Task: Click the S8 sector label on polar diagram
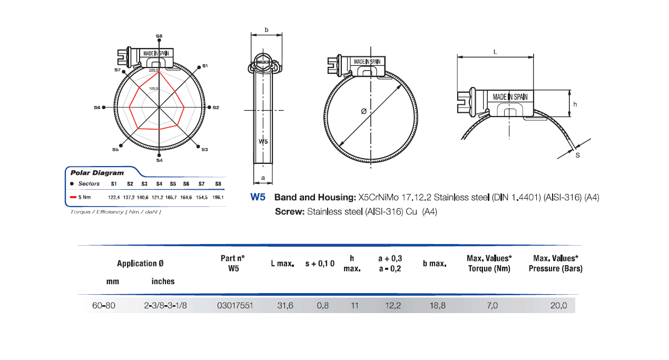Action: pos(159,36)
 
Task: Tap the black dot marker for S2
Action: pos(209,107)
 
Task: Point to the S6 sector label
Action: pos(97,107)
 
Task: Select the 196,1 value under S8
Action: pos(218,197)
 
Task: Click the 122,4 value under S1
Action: pos(114,197)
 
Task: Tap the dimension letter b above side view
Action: pos(266,30)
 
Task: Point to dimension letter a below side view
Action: pos(263,178)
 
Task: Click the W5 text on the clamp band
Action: pos(263,141)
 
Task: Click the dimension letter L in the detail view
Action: pos(495,51)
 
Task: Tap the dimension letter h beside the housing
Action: pos(575,104)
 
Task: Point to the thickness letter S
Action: pos(577,155)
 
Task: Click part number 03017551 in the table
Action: pos(235,306)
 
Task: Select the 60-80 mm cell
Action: pos(103,306)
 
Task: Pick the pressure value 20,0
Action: pos(558,306)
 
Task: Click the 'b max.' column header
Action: pos(435,263)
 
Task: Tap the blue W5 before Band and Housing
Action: pos(258,198)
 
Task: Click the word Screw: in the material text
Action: pos(289,212)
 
